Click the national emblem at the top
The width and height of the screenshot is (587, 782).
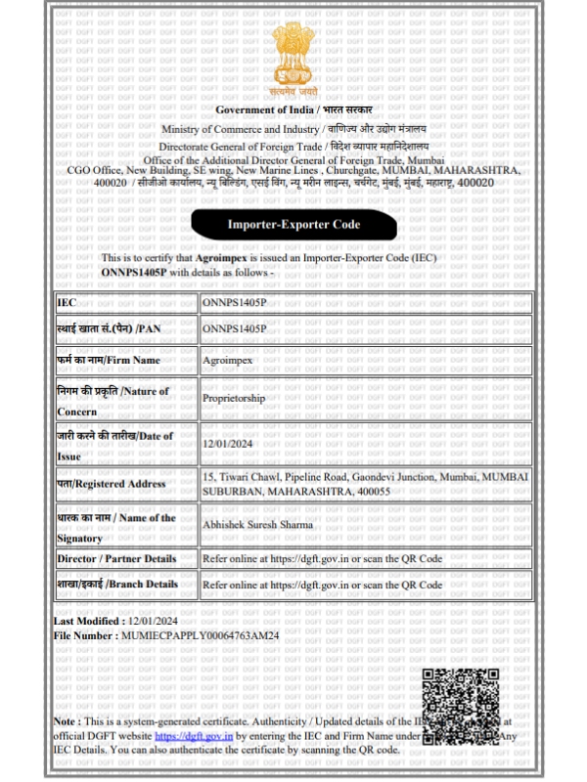click(293, 55)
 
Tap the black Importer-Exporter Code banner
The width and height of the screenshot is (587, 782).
click(293, 224)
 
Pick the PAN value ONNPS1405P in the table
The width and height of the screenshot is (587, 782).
click(234, 329)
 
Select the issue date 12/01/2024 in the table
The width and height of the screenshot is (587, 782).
click(226, 443)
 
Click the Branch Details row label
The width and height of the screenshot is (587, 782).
click(117, 585)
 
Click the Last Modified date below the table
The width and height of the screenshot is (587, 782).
click(153, 622)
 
